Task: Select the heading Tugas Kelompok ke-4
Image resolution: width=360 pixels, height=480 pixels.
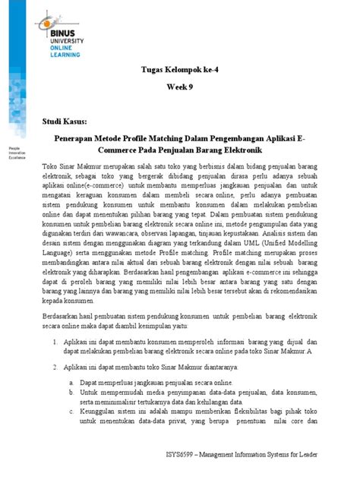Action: pyautogui.click(x=179, y=69)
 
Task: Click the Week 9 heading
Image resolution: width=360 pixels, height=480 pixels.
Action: pyautogui.click(x=179, y=89)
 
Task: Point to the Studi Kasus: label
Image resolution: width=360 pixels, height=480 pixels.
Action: pyautogui.click(x=65, y=122)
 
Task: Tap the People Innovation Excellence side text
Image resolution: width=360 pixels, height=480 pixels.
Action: pyautogui.click(x=19, y=149)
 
